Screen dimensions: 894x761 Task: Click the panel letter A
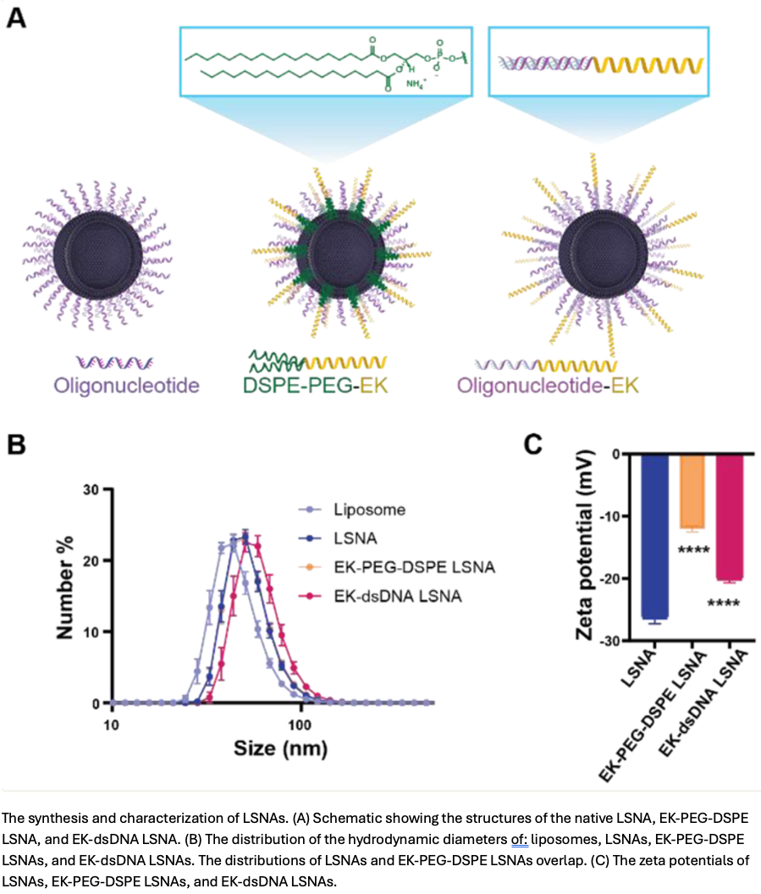[x=16, y=19]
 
